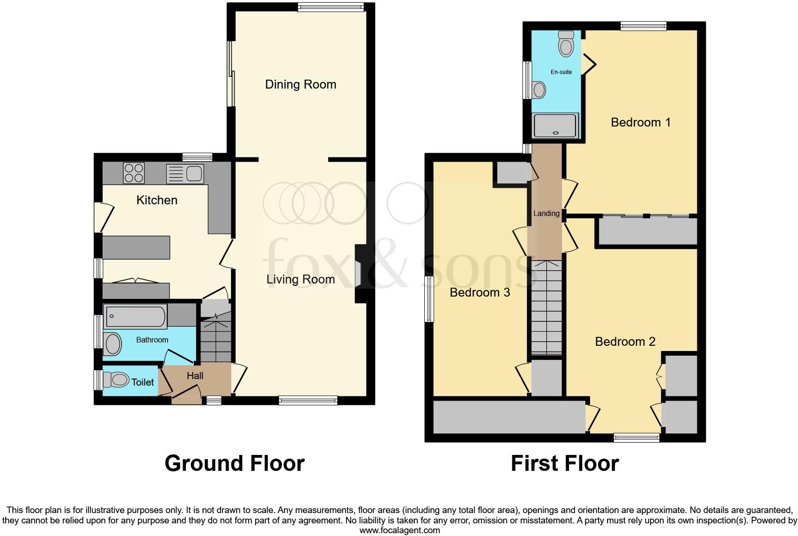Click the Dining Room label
301,84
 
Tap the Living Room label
301,279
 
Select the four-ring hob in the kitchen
133,172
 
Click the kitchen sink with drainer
185,174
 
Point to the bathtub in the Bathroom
135,316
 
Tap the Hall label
195,376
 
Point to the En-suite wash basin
539,90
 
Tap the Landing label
547,213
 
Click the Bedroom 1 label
641,122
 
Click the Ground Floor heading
234,463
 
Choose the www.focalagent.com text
399,530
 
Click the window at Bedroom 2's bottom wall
636,438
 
